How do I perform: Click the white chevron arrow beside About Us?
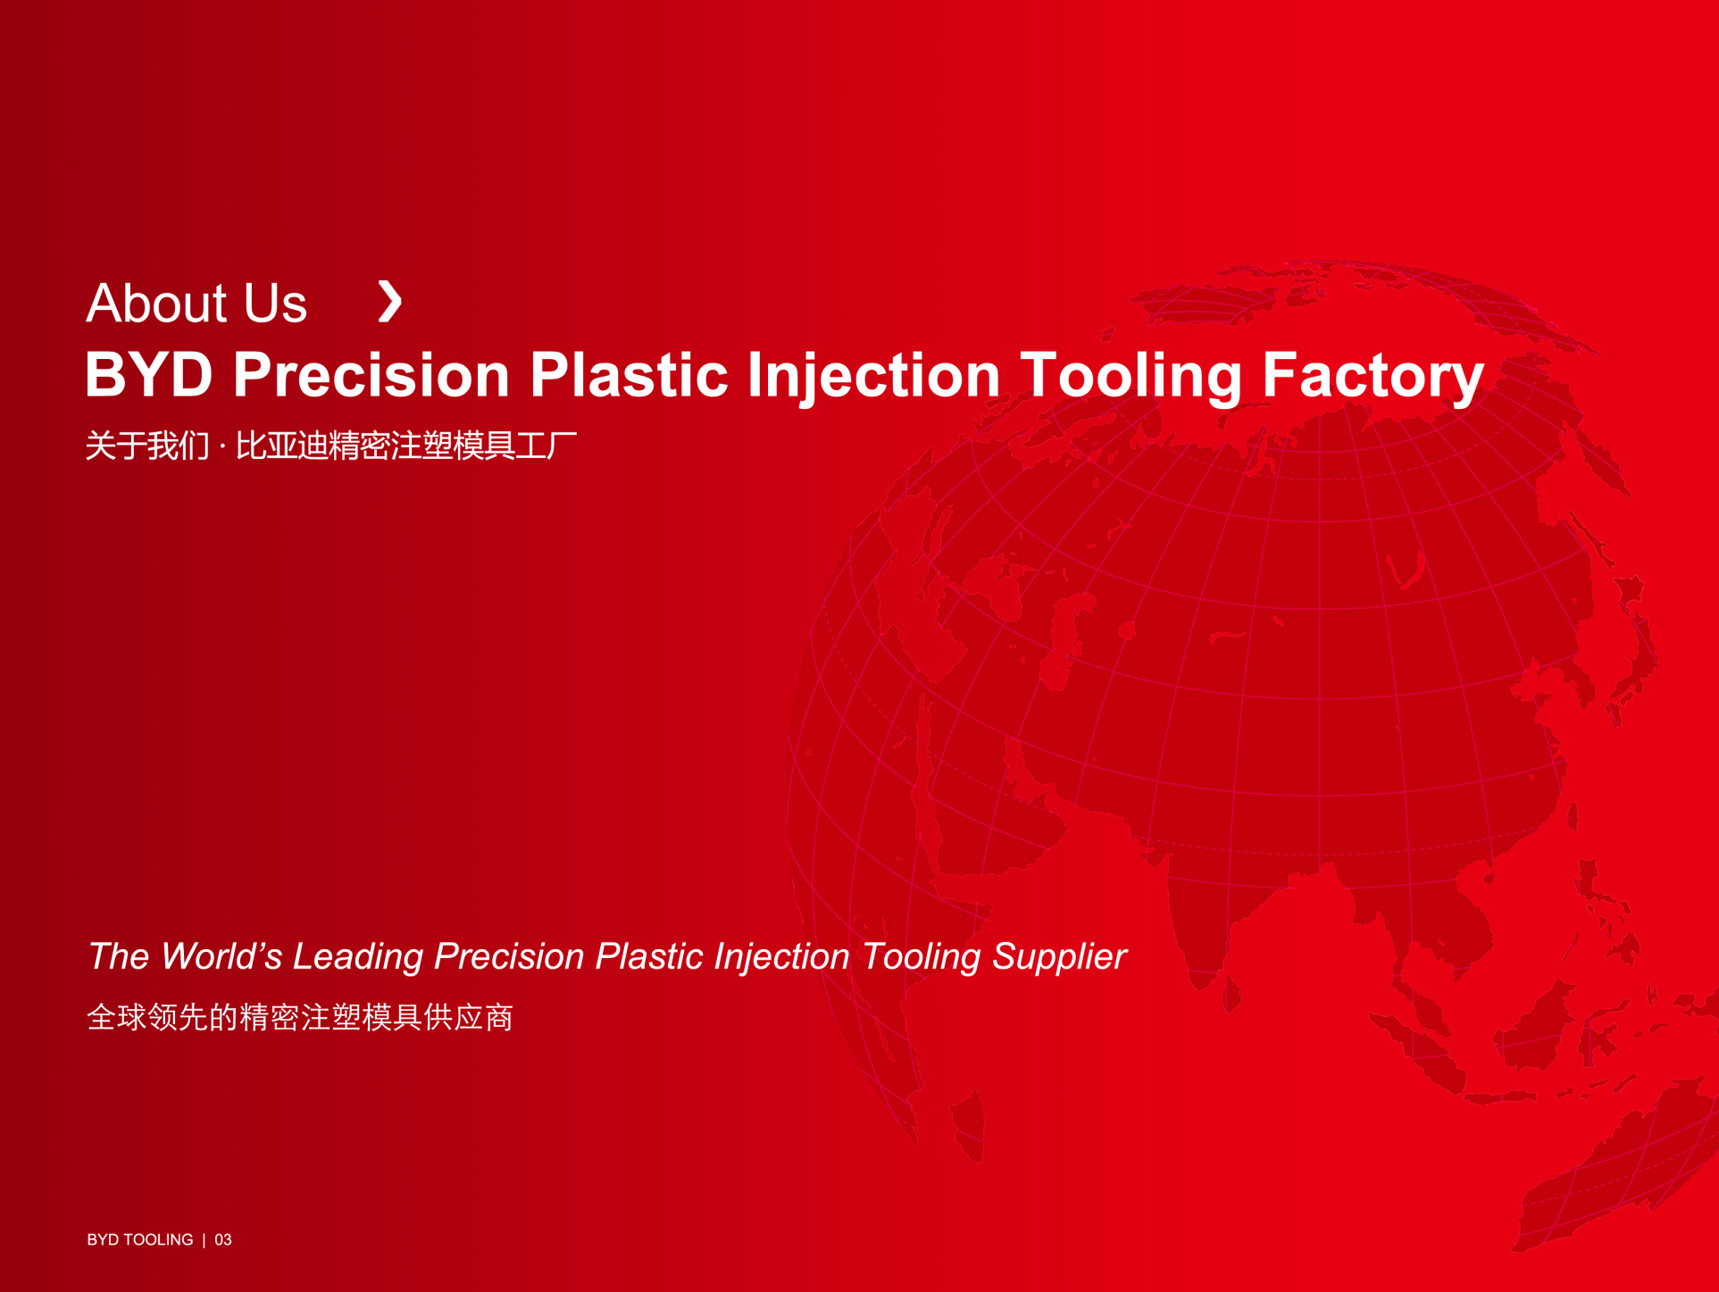click(390, 301)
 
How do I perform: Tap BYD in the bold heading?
click(149, 374)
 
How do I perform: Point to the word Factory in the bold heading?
click(1373, 376)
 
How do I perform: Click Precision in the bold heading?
click(371, 374)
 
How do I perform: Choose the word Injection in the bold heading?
click(873, 376)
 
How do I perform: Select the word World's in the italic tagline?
click(221, 956)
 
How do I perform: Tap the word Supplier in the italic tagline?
click(1059, 957)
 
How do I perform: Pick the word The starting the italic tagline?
click(119, 956)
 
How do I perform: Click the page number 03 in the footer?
click(223, 1239)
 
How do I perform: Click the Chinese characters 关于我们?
click(147, 446)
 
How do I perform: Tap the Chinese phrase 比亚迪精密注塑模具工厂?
click(406, 446)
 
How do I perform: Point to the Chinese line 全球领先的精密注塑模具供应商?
click(300, 1017)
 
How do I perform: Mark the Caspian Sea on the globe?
click(1067, 643)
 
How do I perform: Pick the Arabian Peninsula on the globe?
click(991, 804)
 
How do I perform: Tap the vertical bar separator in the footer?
click(204, 1239)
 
